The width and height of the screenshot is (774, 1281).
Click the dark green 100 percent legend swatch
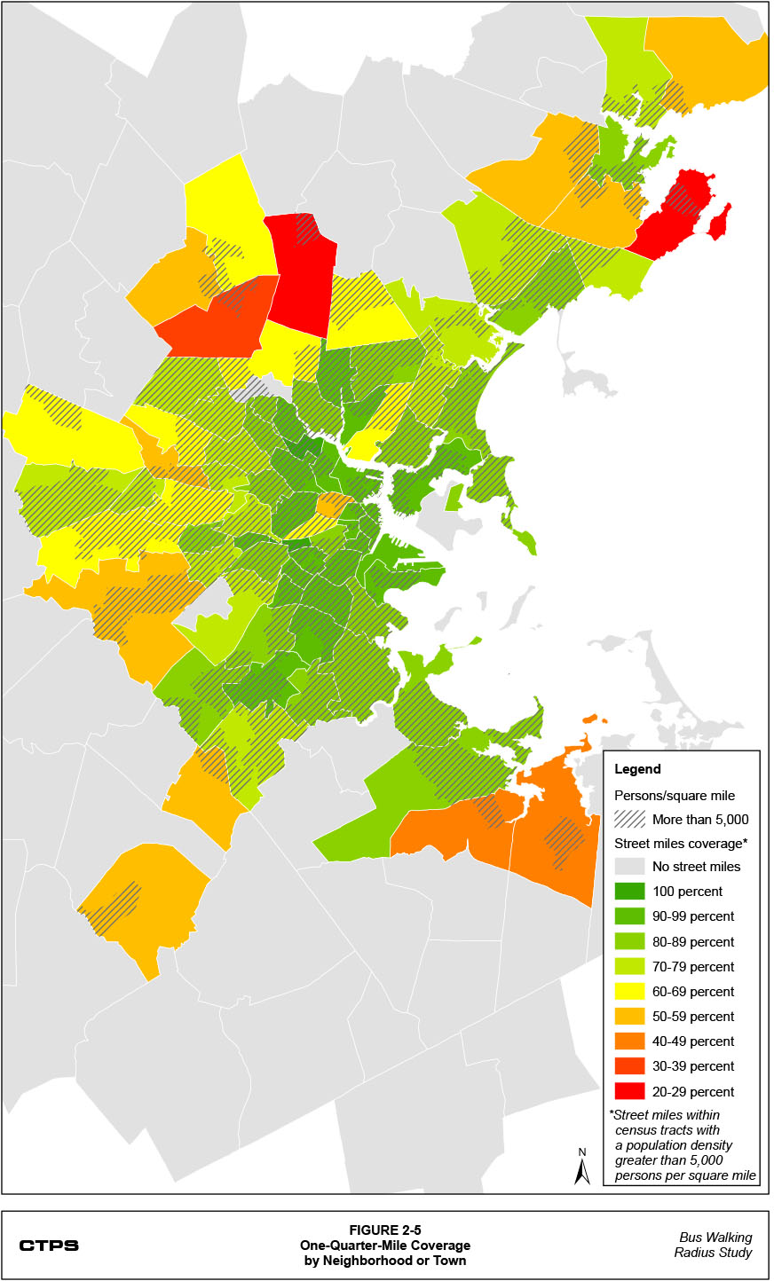pos(629,892)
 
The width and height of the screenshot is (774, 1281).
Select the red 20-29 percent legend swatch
pos(629,1091)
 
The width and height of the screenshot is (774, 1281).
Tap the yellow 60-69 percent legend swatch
pos(629,992)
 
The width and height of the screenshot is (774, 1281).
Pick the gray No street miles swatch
pos(629,867)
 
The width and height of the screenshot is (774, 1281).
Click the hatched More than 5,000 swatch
pos(629,819)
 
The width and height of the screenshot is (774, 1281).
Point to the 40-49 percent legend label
pos(693,1041)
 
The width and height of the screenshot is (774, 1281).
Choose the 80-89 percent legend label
pos(693,942)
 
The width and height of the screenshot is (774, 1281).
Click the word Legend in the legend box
pos(637,769)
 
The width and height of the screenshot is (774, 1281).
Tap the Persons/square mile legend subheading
pos(675,796)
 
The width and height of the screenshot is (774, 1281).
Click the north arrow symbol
pos(582,1167)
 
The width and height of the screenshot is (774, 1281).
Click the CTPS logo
pos(49,1246)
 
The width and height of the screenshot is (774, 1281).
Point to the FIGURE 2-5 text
pos(384,1230)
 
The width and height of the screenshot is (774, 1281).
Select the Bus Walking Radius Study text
pos(715,1245)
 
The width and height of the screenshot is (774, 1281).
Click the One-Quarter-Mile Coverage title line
pos(384,1246)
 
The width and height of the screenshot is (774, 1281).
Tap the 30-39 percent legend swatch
pos(629,1066)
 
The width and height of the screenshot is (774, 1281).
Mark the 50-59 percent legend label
pos(693,1017)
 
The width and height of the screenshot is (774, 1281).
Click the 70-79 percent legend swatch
pos(629,967)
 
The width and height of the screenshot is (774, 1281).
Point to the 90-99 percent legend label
pos(693,916)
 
